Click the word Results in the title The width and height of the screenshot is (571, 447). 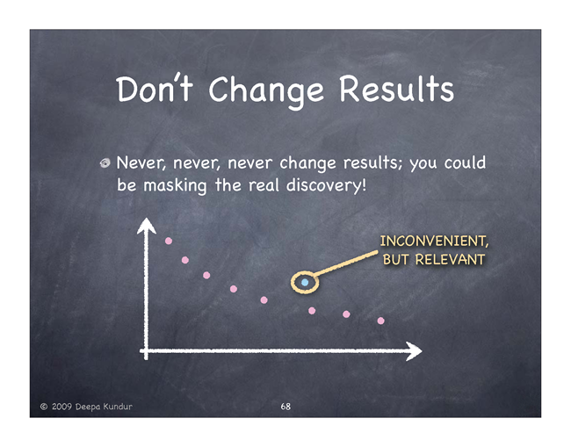[x=396, y=89]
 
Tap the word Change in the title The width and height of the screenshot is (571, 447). [x=266, y=91]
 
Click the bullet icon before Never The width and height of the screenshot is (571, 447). [x=105, y=163]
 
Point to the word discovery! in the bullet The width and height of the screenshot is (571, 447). [x=326, y=185]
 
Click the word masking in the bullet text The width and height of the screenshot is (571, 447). [x=175, y=185]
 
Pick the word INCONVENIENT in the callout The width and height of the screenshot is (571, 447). [x=434, y=242]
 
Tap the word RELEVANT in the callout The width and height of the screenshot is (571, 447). [x=450, y=260]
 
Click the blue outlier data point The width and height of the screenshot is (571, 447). [x=305, y=282]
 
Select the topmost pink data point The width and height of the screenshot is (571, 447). [x=169, y=241]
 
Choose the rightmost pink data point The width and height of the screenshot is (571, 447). [x=381, y=321]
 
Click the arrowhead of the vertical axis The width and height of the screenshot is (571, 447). [x=147, y=226]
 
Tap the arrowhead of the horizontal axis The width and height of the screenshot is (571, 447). [x=414, y=351]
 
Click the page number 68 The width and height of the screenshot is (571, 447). [x=285, y=407]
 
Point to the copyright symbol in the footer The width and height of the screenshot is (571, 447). [x=44, y=407]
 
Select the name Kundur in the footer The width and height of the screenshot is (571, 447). [x=118, y=407]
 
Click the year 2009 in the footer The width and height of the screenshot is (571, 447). [x=61, y=407]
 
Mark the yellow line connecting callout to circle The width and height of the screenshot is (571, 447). [x=346, y=263]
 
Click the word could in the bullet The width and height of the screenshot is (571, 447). [x=465, y=162]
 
